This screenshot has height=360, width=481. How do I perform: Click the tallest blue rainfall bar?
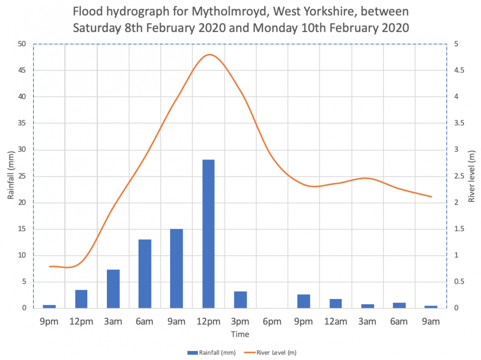(208, 233)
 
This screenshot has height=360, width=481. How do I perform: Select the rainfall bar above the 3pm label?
(240, 299)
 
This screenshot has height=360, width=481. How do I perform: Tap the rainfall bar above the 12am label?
(335, 303)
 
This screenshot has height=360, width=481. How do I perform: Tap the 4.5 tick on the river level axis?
(457, 70)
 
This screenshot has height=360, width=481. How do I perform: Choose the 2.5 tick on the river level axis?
(457, 176)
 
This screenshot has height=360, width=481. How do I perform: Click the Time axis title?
(240, 334)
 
